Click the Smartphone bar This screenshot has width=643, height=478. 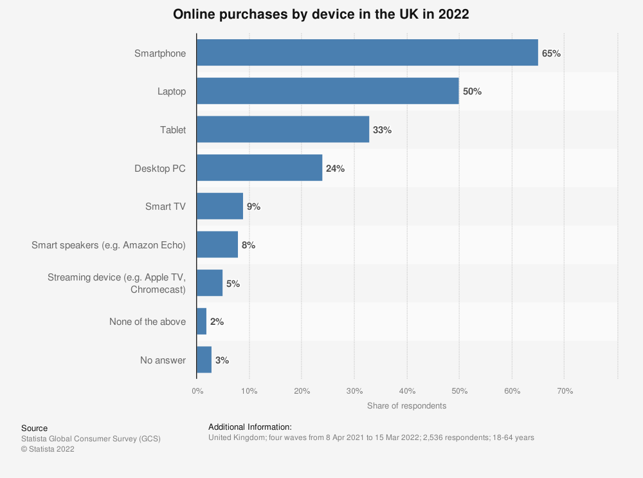click(367, 53)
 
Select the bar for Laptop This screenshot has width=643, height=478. click(327, 91)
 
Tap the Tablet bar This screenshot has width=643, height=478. click(283, 129)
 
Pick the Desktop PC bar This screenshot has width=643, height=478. click(259, 168)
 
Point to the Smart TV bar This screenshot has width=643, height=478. click(220, 207)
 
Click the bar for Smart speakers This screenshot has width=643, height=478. click(217, 244)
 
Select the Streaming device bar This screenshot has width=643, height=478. click(210, 283)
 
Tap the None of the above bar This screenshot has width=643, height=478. click(202, 321)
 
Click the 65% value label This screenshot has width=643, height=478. click(551, 53)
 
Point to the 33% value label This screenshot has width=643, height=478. click(382, 130)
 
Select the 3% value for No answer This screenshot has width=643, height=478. click(222, 360)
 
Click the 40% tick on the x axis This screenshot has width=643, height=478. click(407, 391)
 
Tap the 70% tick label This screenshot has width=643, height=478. click(564, 391)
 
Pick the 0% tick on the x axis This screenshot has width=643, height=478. click(197, 391)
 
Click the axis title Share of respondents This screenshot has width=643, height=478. click(406, 406)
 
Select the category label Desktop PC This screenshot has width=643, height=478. click(160, 169)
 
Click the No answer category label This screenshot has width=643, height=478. click(163, 360)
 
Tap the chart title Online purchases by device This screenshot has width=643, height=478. click(321, 15)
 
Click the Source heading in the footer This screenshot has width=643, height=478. click(34, 428)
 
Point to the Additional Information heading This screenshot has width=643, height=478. click(250, 427)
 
